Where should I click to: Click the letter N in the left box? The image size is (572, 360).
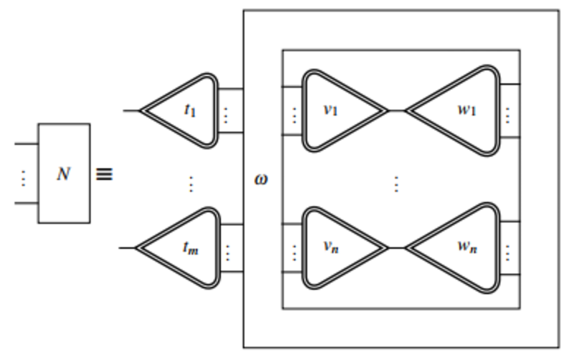click(63, 174)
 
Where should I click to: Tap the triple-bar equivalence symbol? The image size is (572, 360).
click(104, 174)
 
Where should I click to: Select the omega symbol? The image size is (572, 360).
click(261, 179)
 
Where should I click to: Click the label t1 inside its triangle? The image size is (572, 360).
click(190, 110)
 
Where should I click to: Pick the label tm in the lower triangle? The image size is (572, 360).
click(190, 248)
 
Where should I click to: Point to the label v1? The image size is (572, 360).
click(331, 110)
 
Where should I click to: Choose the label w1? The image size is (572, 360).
click(467, 110)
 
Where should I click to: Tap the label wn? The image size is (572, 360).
click(467, 247)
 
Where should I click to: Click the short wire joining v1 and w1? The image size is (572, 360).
click(396, 110)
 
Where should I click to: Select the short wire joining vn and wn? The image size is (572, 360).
click(396, 248)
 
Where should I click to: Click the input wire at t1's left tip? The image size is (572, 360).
click(131, 110)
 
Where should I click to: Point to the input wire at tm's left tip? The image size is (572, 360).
click(127, 248)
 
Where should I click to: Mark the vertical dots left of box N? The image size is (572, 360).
click(23, 178)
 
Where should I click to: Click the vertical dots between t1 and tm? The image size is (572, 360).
click(191, 184)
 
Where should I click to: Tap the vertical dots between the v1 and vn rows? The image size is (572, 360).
click(396, 184)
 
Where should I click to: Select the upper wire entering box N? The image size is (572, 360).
click(26, 144)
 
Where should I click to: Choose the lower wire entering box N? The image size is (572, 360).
click(26, 203)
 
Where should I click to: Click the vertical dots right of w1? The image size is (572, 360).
click(508, 115)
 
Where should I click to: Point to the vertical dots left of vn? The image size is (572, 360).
click(294, 253)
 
